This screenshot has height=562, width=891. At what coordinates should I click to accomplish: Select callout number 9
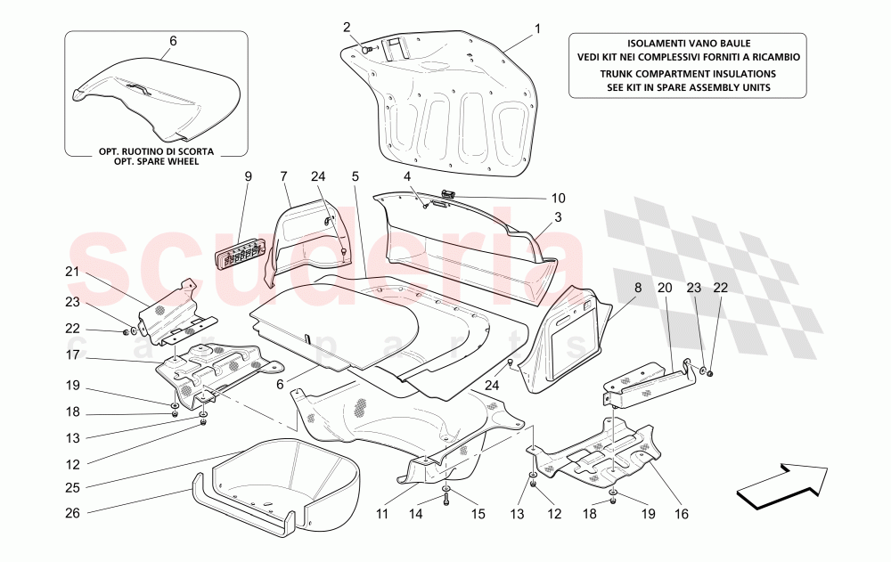[249, 176]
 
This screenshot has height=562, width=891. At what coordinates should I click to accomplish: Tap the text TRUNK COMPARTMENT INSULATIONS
[687, 74]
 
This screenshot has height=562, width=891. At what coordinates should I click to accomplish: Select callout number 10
[559, 198]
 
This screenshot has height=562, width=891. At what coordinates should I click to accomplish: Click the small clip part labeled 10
[448, 193]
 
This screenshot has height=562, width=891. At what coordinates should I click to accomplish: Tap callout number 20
[664, 287]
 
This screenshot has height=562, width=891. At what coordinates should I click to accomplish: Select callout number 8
[637, 287]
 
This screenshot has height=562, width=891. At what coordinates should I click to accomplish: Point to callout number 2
[347, 27]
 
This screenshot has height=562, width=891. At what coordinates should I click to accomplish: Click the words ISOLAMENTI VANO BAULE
[687, 43]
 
